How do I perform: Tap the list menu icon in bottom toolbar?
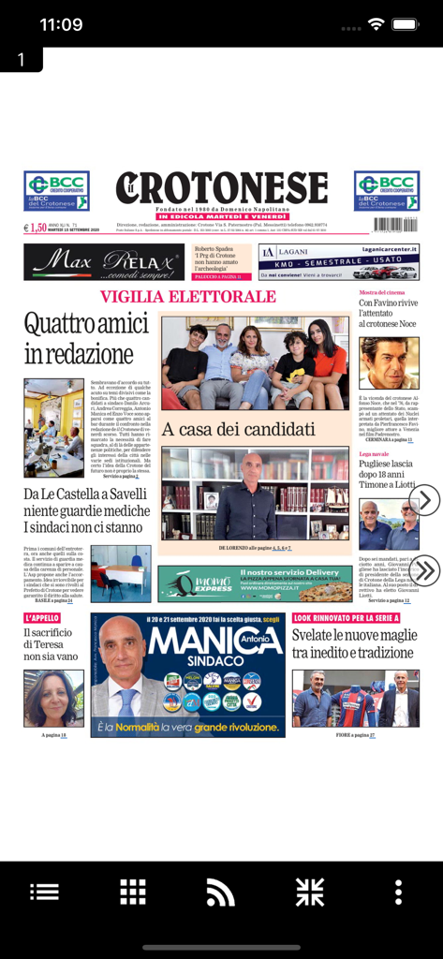(44, 891)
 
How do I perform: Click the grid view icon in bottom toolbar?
(132, 891)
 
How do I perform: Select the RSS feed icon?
(220, 891)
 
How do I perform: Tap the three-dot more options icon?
(398, 891)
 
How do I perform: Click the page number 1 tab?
(21, 60)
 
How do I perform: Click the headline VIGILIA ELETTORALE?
(188, 297)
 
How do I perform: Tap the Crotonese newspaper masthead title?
(222, 187)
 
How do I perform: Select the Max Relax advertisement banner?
(104, 262)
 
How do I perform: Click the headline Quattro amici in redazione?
(86, 339)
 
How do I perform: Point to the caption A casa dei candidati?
(238, 430)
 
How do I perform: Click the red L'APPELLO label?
(42, 618)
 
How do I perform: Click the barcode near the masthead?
(396, 225)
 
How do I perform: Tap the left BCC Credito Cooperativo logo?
(56, 190)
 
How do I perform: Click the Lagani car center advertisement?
(338, 262)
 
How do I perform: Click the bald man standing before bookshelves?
(246, 496)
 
